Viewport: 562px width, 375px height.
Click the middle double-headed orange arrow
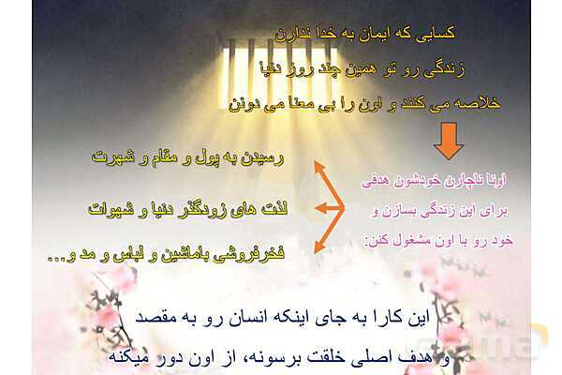[321, 206]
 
